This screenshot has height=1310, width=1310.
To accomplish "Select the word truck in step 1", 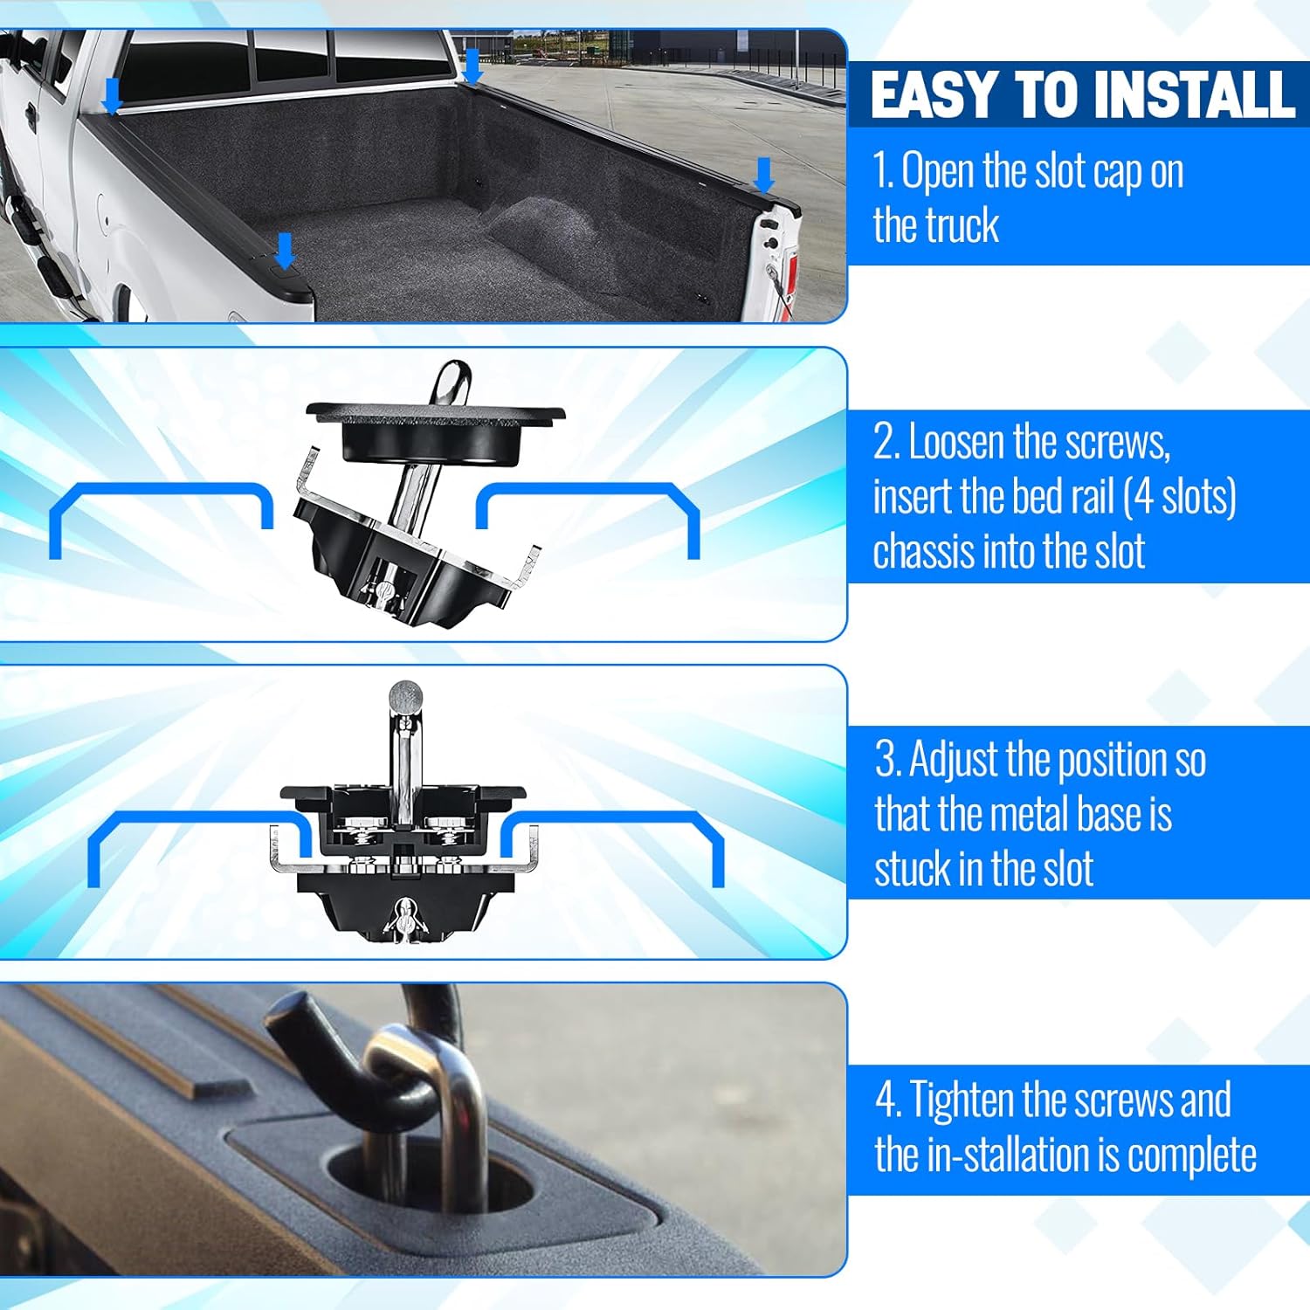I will coord(965,225).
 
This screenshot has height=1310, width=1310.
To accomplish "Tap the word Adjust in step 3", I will coord(954,760).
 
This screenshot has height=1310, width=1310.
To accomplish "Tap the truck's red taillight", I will coord(789,275).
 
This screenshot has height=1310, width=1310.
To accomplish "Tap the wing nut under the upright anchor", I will coord(403,917).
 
